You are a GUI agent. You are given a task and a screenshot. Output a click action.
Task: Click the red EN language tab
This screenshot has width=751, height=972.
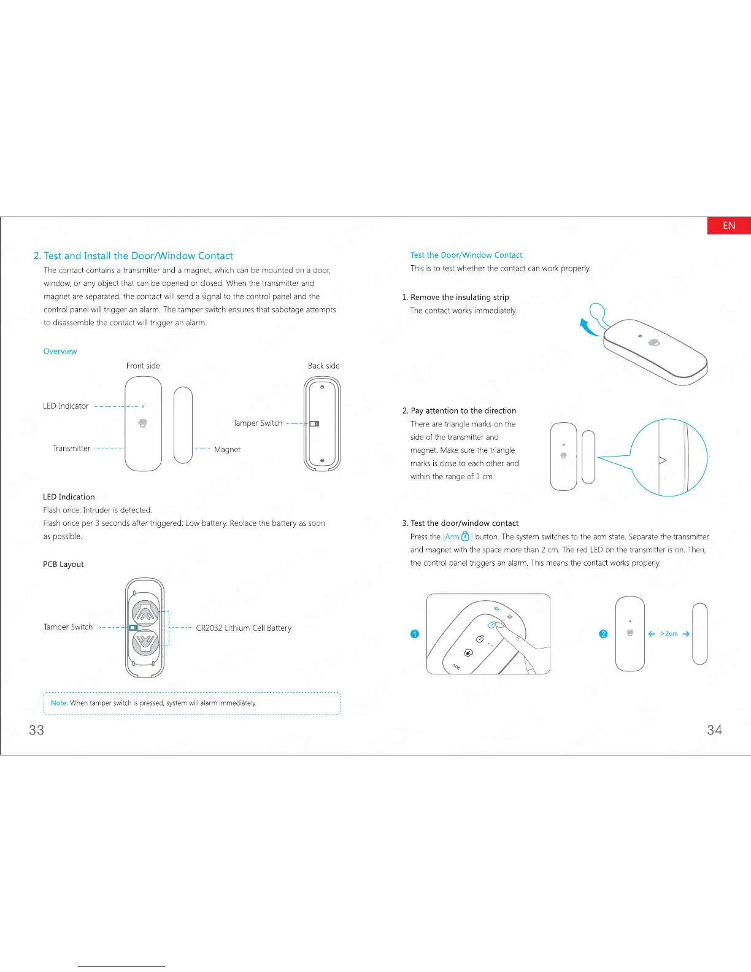729,226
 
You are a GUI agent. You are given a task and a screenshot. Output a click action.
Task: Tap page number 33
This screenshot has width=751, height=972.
37,730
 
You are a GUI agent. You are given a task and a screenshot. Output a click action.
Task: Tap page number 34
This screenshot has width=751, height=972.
714,730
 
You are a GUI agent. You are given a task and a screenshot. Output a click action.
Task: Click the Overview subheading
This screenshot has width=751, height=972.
60,352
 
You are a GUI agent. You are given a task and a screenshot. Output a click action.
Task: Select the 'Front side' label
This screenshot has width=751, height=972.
143,366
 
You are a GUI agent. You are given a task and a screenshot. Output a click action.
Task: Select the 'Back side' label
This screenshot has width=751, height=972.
323,366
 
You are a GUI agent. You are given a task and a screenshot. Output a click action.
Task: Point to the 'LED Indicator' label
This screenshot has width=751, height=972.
66,406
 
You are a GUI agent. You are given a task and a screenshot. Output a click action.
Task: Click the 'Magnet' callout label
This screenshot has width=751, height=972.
227,450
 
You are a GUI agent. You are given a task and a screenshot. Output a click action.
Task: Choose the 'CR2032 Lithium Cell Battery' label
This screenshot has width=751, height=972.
244,628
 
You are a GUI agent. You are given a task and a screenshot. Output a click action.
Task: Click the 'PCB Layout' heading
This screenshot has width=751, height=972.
63,565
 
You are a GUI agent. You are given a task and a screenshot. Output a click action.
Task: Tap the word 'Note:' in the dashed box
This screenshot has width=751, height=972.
60,703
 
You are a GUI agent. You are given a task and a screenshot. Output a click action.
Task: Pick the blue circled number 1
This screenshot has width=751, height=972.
415,634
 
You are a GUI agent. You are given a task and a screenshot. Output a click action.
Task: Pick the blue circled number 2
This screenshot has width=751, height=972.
603,634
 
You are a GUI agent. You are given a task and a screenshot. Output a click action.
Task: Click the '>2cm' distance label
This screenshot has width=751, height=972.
669,634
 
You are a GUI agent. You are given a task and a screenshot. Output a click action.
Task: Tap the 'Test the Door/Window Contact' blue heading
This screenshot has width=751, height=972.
466,255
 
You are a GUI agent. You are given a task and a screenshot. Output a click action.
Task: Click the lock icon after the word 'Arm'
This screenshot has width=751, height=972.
465,537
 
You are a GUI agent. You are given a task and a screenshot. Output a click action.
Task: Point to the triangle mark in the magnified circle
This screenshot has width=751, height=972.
662,460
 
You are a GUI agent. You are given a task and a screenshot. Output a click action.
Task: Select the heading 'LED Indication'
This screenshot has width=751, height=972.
69,497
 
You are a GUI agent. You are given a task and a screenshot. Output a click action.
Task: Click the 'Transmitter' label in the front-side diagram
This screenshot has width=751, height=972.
71,449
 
